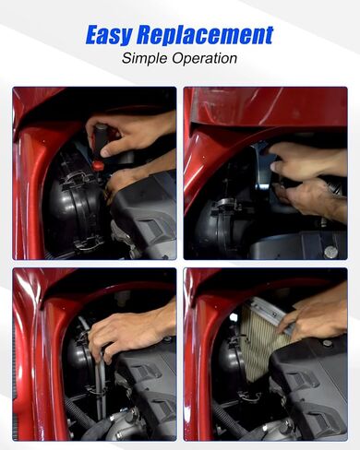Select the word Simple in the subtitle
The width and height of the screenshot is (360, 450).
[x=144, y=58]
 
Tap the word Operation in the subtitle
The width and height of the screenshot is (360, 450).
[x=204, y=58]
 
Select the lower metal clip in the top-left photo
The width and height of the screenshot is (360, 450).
[x=89, y=242]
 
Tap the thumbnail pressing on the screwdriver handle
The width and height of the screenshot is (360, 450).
[x=107, y=152]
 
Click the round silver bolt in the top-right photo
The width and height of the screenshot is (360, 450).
[x=330, y=252]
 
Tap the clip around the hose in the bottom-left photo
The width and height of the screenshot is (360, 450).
[x=96, y=391]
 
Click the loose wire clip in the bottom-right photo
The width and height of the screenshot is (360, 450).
[x=249, y=397]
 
